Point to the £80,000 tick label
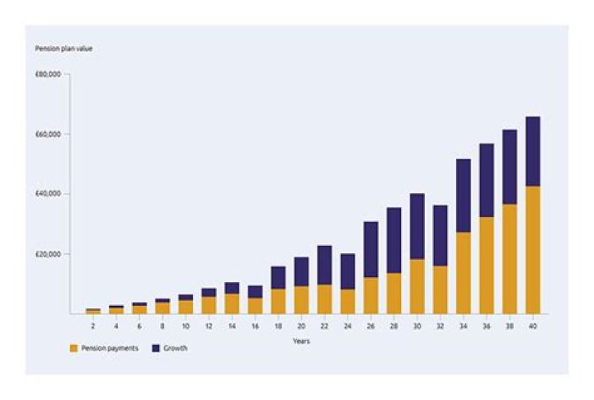[49, 74]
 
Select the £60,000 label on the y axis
[49, 134]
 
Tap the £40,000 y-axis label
[49, 194]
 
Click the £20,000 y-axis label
[49, 254]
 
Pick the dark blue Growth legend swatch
[153, 349]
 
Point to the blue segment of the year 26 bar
[371, 249]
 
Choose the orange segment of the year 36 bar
[487, 265]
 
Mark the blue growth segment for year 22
[324, 265]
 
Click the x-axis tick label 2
[93, 325]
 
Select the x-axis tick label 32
[441, 325]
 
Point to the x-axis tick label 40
[533, 325]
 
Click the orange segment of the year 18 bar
[278, 301]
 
